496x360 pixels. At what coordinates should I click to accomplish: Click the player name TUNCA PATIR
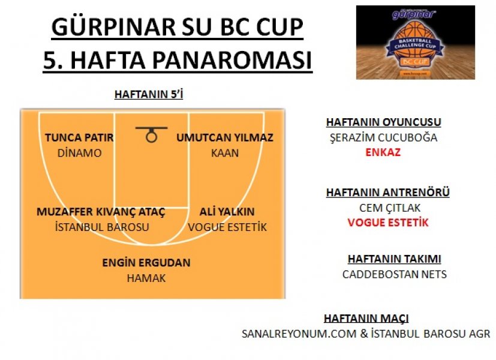tap(79, 137)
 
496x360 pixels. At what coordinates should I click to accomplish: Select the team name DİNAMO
tap(79, 153)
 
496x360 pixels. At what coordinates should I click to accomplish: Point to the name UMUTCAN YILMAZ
tap(225, 137)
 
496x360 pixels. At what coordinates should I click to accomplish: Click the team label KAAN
tap(225, 153)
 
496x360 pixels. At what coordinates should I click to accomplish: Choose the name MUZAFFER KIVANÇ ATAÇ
tap(101, 212)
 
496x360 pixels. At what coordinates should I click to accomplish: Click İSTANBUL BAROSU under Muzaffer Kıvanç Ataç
tap(102, 227)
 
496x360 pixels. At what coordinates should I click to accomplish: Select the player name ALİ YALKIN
tap(227, 212)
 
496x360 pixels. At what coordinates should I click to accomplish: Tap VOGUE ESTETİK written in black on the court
tap(227, 227)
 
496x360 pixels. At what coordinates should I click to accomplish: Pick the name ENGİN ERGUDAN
tap(146, 263)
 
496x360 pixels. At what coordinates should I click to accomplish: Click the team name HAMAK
tap(146, 278)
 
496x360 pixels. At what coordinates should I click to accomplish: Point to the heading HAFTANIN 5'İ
tap(149, 94)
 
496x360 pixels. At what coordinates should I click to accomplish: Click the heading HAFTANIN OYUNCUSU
tap(383, 122)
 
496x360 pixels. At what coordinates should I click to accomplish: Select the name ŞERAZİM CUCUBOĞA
tap(383, 138)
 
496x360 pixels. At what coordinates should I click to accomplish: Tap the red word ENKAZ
tap(383, 152)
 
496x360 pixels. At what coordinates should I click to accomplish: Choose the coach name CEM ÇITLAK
tap(390, 208)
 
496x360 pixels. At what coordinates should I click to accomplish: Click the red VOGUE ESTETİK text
tap(388, 223)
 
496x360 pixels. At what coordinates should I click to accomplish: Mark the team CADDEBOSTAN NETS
tap(395, 274)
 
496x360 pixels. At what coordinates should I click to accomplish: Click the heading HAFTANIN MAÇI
tap(366, 319)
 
